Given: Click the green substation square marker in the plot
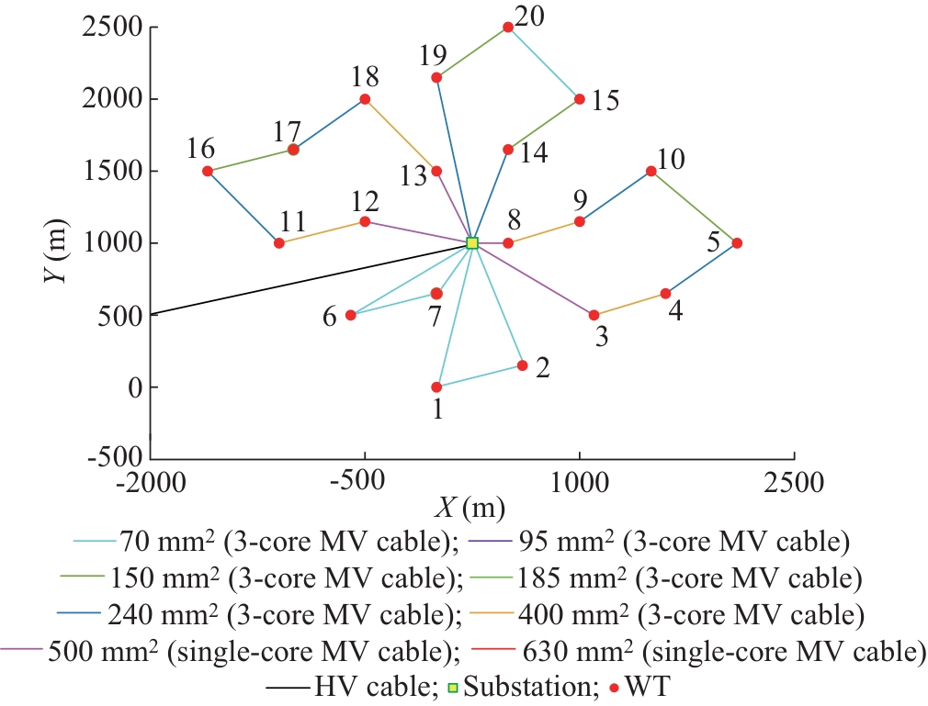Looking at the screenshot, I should [x=472, y=243].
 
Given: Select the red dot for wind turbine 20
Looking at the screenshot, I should [x=508, y=28].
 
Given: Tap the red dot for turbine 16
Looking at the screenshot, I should [x=208, y=171].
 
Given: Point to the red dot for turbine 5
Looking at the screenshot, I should [x=737, y=243].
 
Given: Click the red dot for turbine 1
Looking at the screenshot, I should [x=436, y=387].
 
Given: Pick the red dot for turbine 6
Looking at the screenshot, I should [x=350, y=315].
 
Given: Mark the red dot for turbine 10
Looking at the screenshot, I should [x=651, y=171].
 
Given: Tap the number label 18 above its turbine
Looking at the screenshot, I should [x=366, y=75].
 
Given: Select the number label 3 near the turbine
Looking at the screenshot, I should [x=602, y=337].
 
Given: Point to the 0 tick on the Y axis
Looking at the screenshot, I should [x=135, y=387].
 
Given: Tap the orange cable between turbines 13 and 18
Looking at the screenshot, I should [x=401, y=135].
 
